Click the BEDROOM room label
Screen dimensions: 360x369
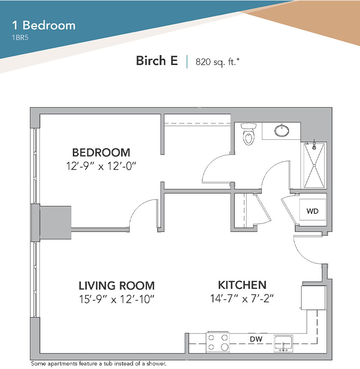tap(101, 153)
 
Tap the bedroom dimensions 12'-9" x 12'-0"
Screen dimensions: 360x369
tap(101, 166)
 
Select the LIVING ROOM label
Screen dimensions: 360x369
tap(116, 286)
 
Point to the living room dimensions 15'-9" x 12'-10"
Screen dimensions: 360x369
tap(116, 300)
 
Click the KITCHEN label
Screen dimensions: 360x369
tap(242, 285)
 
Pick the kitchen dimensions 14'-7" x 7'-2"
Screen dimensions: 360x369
tap(242, 299)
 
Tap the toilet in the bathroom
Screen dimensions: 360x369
tap(249, 134)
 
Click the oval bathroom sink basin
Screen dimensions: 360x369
tap(282, 130)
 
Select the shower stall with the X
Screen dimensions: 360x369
tap(314, 165)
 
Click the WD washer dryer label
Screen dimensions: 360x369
tap(313, 211)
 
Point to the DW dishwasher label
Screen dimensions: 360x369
tap(256, 339)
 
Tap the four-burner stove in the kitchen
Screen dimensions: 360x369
tap(218, 342)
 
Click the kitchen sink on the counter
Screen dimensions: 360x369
tap(283, 344)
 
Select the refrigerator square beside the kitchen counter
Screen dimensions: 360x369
tap(313, 298)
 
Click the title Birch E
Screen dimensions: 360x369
tap(157, 61)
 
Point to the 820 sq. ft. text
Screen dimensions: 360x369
tap(218, 62)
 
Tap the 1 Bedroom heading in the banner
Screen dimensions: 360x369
tap(44, 25)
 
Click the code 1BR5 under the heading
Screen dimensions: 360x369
tap(20, 38)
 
